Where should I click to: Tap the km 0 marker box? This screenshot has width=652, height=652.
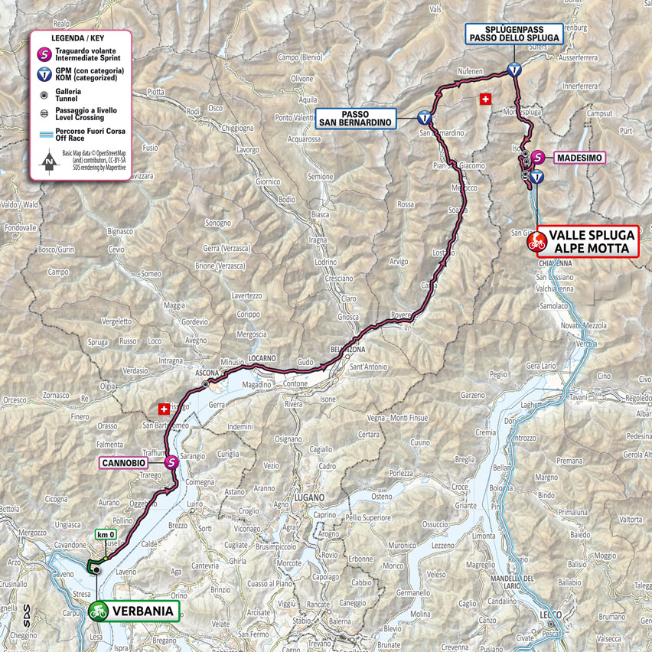tap(104, 535)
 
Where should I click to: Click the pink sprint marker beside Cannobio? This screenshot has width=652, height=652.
tap(172, 461)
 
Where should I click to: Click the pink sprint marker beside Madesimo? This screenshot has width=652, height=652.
tap(539, 157)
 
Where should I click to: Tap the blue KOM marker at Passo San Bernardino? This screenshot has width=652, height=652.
tap(424, 119)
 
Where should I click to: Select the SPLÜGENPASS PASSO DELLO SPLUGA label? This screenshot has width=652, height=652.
tap(514, 33)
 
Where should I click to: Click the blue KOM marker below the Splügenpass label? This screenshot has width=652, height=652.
tap(515, 69)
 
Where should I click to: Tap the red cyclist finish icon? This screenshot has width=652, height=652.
tap(537, 243)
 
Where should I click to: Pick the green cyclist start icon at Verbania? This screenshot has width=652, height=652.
tap(97, 611)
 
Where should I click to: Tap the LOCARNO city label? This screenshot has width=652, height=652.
tap(262, 358)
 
